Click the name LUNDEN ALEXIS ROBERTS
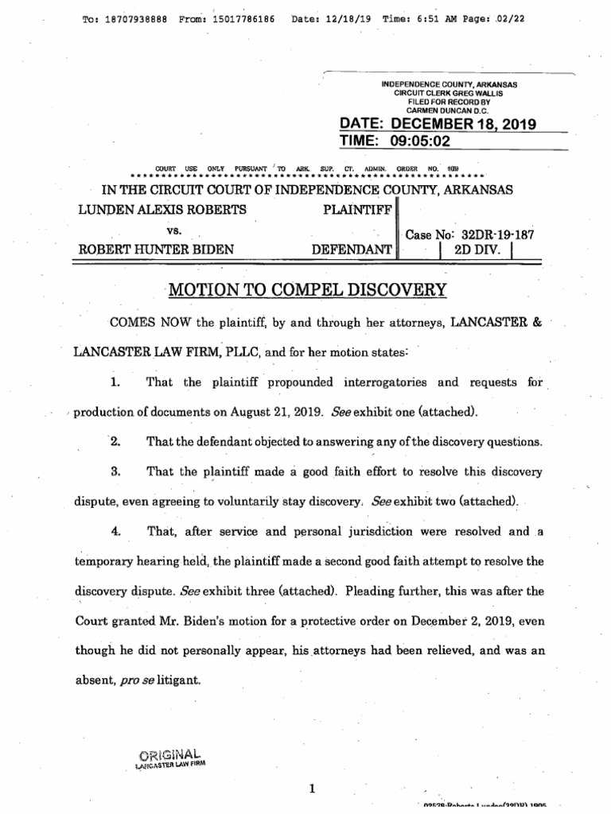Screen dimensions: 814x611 point(162,209)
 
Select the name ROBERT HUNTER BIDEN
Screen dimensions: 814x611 point(155,249)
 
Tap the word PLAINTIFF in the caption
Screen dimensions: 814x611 point(355,209)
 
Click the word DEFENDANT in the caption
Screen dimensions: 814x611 point(351,249)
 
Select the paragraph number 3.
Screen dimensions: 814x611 point(115,471)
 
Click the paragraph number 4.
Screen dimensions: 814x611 point(115,531)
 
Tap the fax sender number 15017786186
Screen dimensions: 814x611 point(239,18)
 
